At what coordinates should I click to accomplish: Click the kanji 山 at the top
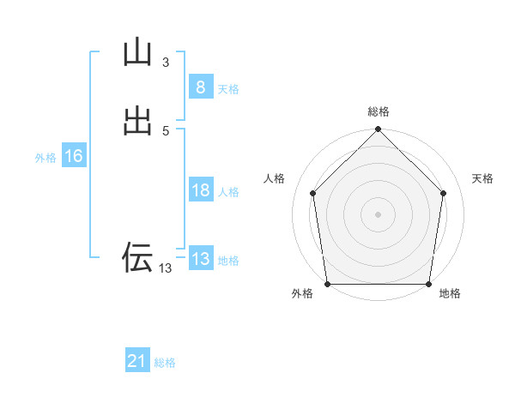(x=137, y=52)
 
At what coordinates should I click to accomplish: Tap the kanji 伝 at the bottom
(x=137, y=256)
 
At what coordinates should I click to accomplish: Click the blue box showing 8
(x=200, y=87)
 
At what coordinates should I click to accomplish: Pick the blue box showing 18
(x=200, y=190)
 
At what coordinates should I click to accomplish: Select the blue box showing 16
(x=73, y=156)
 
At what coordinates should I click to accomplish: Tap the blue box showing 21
(x=137, y=361)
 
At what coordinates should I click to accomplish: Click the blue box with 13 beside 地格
(x=200, y=259)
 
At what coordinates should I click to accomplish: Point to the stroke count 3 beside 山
(x=165, y=63)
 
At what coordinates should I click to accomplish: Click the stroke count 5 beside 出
(x=165, y=131)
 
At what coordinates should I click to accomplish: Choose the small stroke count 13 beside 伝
(x=165, y=268)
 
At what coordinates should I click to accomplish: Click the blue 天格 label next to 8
(x=228, y=89)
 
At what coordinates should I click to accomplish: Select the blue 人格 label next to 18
(x=228, y=192)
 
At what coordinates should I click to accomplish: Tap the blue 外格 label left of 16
(x=45, y=158)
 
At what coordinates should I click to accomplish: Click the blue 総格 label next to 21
(x=165, y=363)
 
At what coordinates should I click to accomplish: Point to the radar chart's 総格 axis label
(x=378, y=111)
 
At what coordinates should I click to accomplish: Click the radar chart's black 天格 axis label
(x=482, y=178)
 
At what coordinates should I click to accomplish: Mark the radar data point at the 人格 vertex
(x=312, y=193)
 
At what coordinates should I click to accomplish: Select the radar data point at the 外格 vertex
(x=327, y=284)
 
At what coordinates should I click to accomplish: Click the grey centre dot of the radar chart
(x=378, y=214)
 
